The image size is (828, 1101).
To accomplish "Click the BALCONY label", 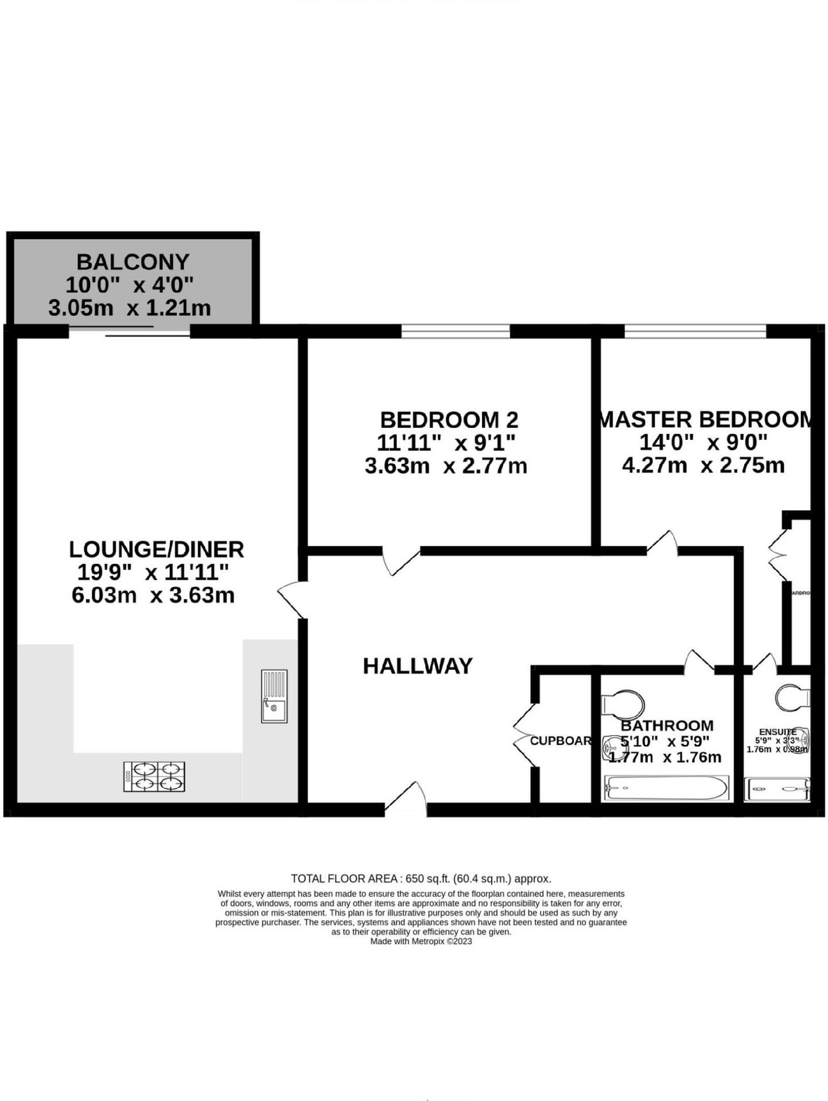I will coord(133,262).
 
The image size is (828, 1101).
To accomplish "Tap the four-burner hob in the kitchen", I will coord(154,776).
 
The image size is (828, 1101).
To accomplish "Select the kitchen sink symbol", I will coord(274,696).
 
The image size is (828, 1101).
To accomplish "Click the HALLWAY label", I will coord(418,666).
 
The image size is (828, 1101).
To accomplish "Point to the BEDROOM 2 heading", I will coord(449,420).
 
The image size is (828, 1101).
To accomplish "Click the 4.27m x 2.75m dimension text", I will coord(703,465).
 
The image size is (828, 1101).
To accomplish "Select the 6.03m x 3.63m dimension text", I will coord(153,595).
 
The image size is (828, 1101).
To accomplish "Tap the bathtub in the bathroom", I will coord(665,788).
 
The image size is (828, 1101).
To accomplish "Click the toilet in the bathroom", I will coord(622,704).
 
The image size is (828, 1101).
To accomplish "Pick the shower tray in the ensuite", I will coord(778,789).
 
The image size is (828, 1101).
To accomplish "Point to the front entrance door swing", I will coord(406,797).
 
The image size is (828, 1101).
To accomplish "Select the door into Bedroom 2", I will coord(402,561).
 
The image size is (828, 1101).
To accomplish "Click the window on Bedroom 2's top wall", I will coord(455,331).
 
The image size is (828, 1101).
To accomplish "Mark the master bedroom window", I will coord(695,331).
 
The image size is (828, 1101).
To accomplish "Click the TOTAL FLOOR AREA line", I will coord(421,879).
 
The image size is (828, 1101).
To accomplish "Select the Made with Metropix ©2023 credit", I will coord(421,941).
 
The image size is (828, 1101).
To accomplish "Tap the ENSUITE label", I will coord(777,732).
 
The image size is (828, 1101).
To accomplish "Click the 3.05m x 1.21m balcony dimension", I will coord(130,308).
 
